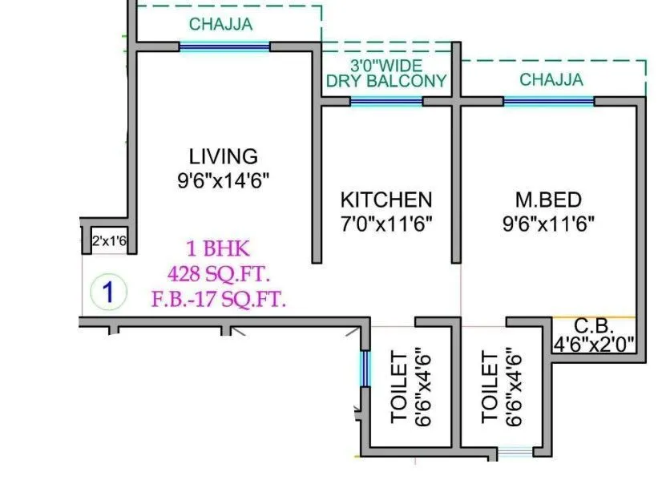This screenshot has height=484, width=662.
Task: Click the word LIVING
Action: click(x=223, y=156)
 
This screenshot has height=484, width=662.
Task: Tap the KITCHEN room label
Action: click(x=385, y=200)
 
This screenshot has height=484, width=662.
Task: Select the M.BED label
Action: click(x=547, y=200)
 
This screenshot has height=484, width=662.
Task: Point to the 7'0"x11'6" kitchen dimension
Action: click(x=385, y=224)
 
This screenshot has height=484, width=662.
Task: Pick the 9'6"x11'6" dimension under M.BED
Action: click(x=547, y=224)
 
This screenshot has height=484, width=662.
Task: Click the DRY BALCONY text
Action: click(x=385, y=81)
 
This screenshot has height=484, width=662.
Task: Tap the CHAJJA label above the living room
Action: click(x=220, y=24)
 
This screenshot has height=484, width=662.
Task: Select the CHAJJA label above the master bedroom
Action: click(x=551, y=79)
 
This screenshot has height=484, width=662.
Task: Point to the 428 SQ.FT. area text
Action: click(x=219, y=274)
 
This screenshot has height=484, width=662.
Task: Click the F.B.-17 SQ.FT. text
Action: click(x=219, y=300)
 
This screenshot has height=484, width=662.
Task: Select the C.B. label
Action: click(x=594, y=327)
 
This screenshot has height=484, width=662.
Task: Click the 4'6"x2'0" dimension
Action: click(x=594, y=345)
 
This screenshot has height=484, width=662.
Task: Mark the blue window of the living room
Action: click(x=224, y=47)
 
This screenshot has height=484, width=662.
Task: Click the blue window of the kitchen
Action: click(x=386, y=102)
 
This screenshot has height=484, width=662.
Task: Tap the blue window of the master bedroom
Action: click(x=548, y=102)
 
